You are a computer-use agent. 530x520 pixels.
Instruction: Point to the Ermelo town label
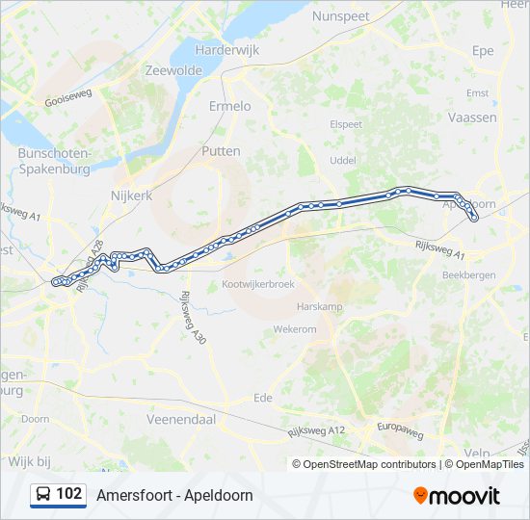pos(229,106)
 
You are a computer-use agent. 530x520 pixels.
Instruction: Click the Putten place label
pos(221,151)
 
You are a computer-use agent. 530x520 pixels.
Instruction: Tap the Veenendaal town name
pos(180,420)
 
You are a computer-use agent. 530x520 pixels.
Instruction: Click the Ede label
pos(262,398)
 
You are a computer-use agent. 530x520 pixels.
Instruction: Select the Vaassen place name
pos(473,117)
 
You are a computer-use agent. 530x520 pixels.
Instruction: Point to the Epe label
pos(483,51)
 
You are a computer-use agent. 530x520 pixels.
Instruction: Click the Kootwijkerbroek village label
pos(257,285)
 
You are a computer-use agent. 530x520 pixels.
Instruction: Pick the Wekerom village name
pos(295,329)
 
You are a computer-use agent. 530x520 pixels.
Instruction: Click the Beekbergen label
pos(468,274)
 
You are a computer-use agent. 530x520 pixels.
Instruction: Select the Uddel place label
pos(343,160)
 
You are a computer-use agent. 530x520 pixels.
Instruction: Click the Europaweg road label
pos(400,430)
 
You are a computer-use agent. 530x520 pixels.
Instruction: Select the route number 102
pos(69,494)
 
